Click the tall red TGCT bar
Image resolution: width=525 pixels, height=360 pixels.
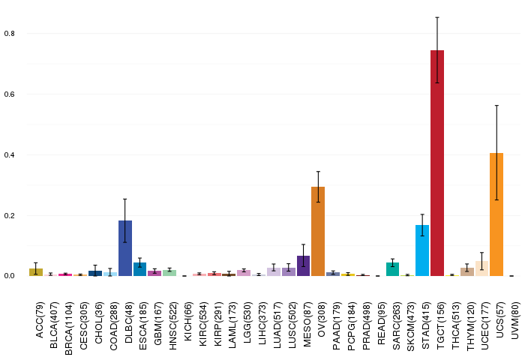437,163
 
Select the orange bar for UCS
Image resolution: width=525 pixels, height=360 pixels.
496,214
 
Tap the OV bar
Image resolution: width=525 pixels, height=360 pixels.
318,232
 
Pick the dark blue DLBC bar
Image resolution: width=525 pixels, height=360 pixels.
125,248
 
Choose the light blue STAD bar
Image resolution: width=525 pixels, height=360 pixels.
422,250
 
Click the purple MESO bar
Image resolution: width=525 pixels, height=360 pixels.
303,266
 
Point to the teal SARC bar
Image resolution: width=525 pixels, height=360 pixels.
392,269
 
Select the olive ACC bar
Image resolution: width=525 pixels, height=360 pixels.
36,272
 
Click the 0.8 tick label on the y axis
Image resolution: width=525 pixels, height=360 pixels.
9,34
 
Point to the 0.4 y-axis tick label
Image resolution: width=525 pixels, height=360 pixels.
9,154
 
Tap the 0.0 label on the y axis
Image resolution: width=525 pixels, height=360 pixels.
9,276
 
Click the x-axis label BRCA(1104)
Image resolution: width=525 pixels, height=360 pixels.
69,328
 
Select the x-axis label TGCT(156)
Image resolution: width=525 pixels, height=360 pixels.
440,325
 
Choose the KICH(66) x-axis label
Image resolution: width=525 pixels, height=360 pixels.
187,322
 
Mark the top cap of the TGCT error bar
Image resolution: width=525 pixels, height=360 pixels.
437,17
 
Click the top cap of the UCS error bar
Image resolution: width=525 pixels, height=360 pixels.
496,106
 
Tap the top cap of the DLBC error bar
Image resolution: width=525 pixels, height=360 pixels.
125,199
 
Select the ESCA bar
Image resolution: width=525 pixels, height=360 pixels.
140,269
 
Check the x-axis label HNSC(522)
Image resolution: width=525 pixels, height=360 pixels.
172,325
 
